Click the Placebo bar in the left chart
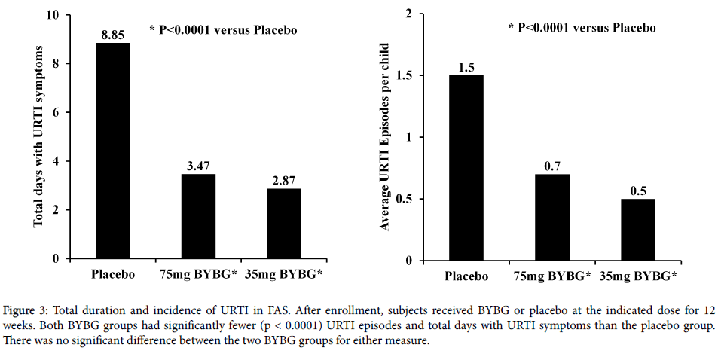pos(112,151)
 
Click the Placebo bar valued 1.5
pos(466,168)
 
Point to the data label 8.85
pos(112,35)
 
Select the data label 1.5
pos(466,67)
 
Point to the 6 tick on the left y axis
pos(57,113)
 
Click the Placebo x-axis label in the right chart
pos(466,276)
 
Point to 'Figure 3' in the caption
pos(24,310)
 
